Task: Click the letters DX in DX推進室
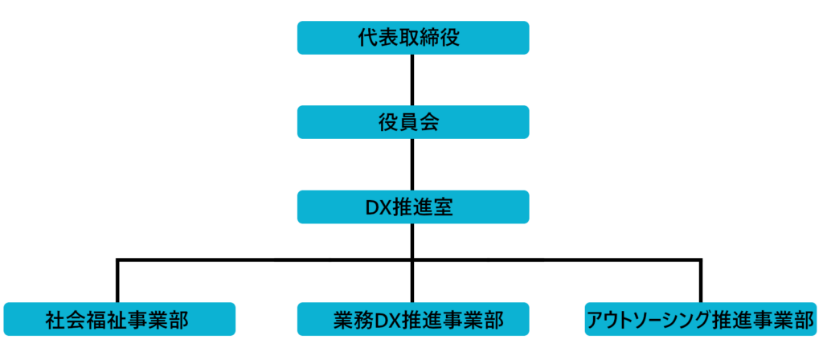pos(377,207)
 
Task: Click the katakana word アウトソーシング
pos(649,320)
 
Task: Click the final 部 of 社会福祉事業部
pos(179,320)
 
